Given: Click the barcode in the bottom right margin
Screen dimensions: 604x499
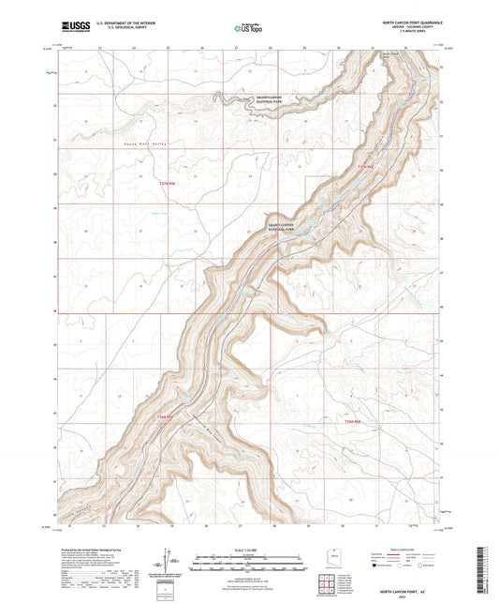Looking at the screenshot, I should tap(484, 568).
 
